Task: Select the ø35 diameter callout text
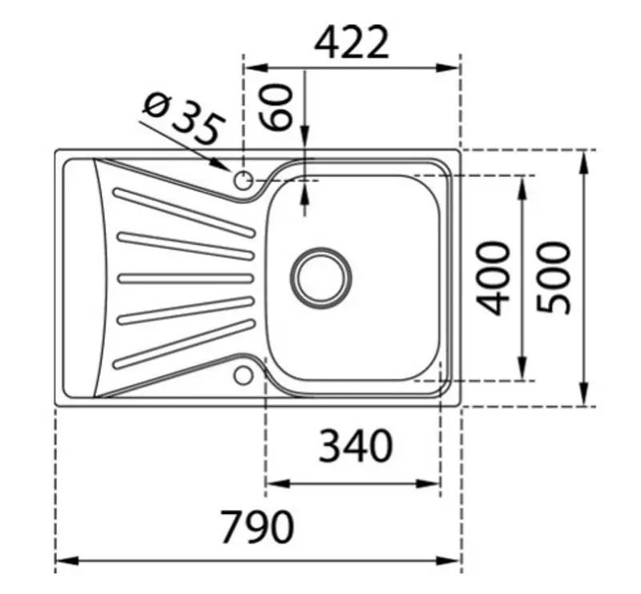181,118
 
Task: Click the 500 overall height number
554,278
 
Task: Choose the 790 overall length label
257,527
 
